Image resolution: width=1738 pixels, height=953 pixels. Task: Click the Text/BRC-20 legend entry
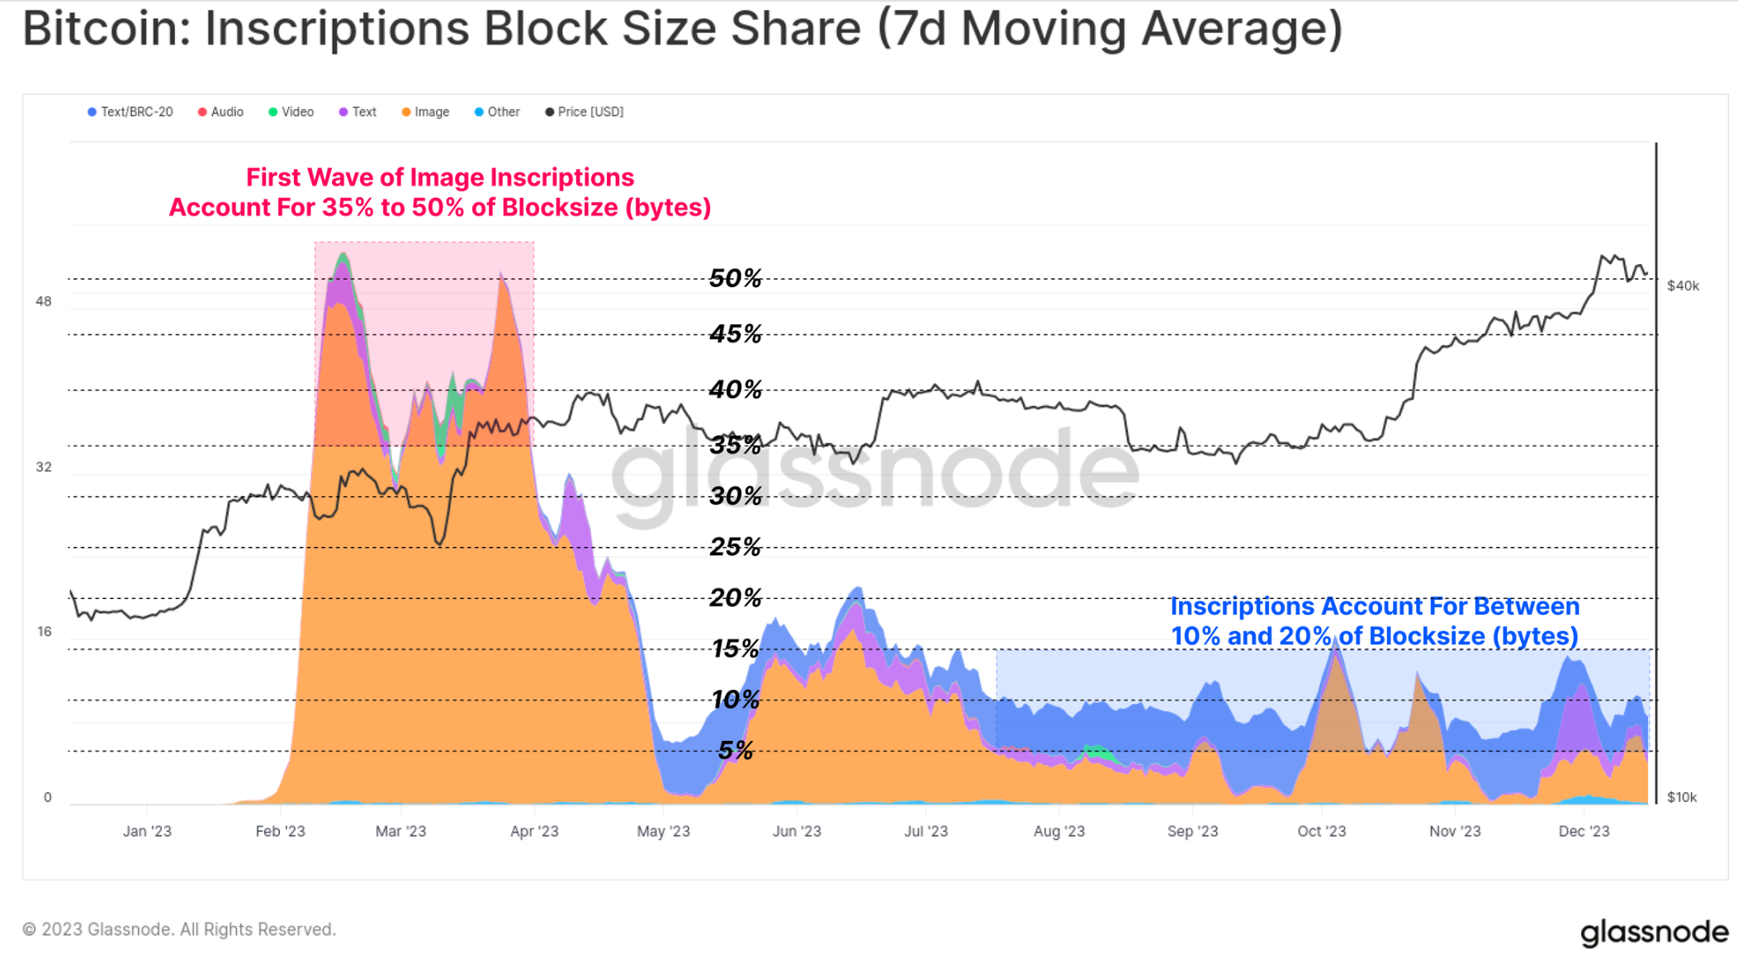click(x=130, y=112)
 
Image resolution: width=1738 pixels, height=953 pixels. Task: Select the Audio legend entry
click(x=220, y=112)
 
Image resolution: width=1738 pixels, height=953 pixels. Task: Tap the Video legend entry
click(x=291, y=112)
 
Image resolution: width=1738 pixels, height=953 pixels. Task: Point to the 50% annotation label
click(x=735, y=278)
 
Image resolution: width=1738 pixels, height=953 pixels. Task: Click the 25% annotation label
click(x=735, y=546)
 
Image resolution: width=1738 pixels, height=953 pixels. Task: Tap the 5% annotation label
click(x=735, y=750)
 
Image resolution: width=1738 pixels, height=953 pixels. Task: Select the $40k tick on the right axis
click(x=1683, y=286)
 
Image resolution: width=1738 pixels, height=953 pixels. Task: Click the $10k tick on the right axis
click(x=1682, y=797)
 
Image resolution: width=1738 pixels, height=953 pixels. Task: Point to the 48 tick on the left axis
click(x=44, y=301)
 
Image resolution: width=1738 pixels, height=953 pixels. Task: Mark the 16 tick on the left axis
click(x=44, y=631)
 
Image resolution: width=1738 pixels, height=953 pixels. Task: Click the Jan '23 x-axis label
click(x=147, y=831)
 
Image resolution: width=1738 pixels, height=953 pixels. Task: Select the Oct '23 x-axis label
click(x=1321, y=831)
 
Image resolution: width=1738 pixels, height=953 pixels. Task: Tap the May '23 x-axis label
click(x=663, y=831)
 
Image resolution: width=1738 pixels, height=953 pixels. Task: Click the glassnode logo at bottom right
click(x=1654, y=932)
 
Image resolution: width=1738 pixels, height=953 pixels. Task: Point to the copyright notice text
click(x=179, y=929)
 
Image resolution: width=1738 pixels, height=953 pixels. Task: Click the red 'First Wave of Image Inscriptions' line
click(x=440, y=177)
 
